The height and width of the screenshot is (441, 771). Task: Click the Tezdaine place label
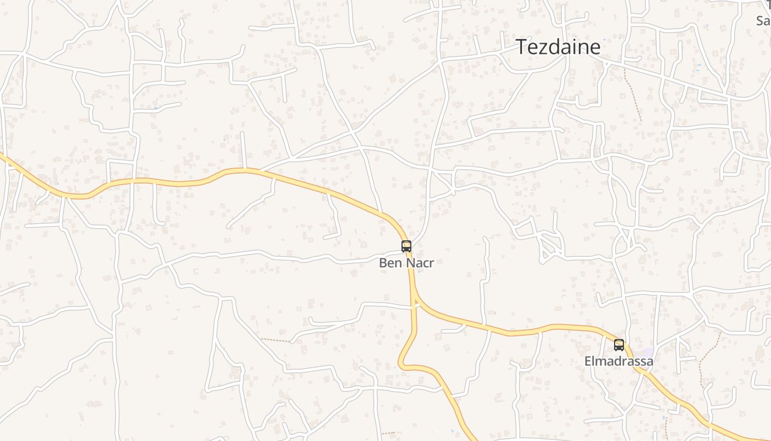click(x=558, y=47)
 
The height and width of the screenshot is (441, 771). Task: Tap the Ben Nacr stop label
click(x=406, y=263)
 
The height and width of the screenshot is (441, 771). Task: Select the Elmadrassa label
click(x=619, y=362)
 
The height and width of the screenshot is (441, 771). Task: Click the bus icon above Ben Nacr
click(x=406, y=246)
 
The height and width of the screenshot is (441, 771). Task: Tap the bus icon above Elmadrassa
click(x=619, y=345)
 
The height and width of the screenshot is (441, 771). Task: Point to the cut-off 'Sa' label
click(x=763, y=21)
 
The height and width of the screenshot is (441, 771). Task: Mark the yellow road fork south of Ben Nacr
click(x=414, y=298)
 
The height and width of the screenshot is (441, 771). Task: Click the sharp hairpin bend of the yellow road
click(x=401, y=364)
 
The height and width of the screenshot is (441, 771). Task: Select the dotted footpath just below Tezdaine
click(x=633, y=94)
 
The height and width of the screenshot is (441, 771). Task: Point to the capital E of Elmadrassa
click(x=588, y=362)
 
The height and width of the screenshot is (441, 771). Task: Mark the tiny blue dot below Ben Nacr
click(x=418, y=272)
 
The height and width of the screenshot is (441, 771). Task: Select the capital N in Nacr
click(x=409, y=263)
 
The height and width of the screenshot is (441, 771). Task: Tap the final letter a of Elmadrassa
click(x=650, y=362)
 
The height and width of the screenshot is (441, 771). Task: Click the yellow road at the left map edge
click(x=2, y=157)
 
